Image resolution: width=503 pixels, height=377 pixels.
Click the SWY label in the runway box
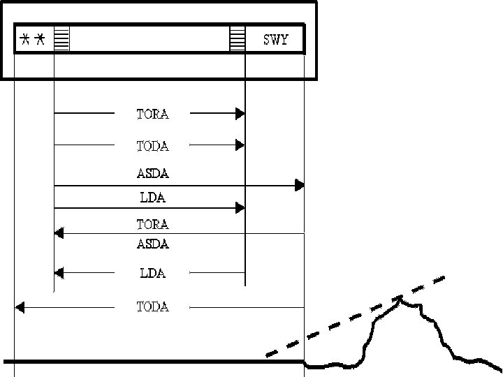point(275,40)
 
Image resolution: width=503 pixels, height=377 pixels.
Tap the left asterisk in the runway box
point(25,40)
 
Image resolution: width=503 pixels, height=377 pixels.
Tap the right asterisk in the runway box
point(41,40)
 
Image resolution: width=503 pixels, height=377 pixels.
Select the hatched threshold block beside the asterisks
point(61,39)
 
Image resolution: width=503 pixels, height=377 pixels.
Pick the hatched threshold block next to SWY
point(238,39)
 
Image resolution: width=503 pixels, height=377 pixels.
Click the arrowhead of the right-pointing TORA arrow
point(240,113)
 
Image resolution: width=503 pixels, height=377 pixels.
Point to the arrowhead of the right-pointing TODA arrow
point(240,145)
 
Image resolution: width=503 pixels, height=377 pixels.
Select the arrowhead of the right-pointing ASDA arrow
point(300,185)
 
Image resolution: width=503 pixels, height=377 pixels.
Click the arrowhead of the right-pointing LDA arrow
point(240,207)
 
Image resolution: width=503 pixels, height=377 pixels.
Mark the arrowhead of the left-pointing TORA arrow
point(59,233)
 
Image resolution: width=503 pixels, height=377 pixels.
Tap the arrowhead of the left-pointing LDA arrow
point(59,272)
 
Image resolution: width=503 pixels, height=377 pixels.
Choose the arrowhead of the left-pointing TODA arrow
point(20,306)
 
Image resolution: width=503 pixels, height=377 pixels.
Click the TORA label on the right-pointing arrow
point(152,113)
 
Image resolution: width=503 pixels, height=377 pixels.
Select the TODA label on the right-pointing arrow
point(152,145)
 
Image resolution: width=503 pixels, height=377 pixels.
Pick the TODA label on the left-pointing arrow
point(152,306)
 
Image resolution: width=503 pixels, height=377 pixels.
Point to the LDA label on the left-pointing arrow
point(152,272)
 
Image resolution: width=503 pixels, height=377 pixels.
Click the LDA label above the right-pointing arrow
point(152,198)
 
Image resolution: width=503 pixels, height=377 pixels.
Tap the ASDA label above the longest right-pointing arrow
point(152,173)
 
